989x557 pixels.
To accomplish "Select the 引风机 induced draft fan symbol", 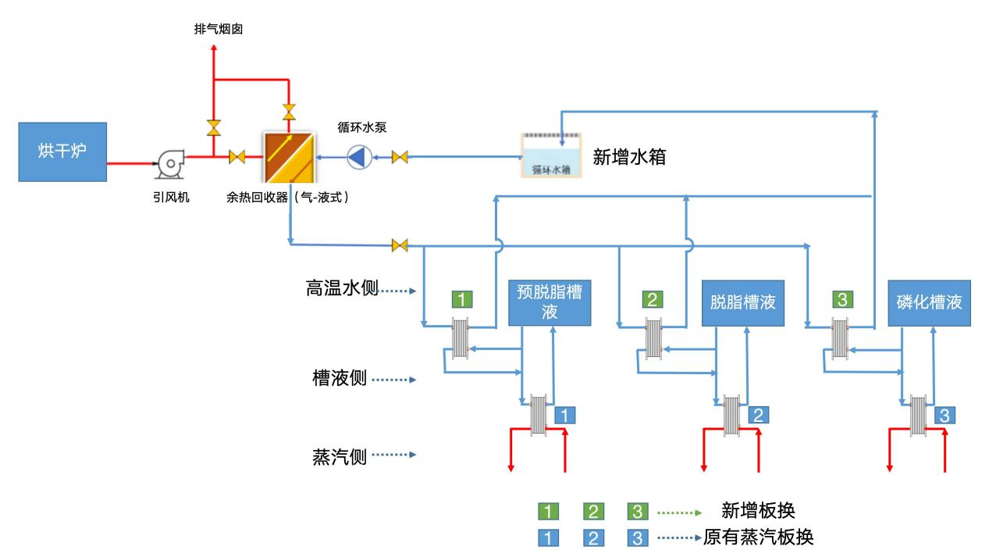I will point(169,162).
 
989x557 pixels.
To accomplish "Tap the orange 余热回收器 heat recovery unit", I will point(288,157).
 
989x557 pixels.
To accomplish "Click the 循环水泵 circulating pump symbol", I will point(358,158).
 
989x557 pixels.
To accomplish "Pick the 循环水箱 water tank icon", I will point(552,155).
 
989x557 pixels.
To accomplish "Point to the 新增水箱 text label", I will point(629,156).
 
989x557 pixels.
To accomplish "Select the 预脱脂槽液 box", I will point(550,302).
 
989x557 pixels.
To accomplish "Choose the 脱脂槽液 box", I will point(742,302).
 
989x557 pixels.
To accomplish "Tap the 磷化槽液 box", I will point(929,302).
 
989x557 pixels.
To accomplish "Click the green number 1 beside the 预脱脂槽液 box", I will point(463,298).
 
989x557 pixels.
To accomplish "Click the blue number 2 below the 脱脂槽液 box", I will point(757,415).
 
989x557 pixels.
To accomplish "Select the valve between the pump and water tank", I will point(400,158).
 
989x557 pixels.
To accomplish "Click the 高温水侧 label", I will point(342,290).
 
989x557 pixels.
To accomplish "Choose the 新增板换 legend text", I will point(758,512).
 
